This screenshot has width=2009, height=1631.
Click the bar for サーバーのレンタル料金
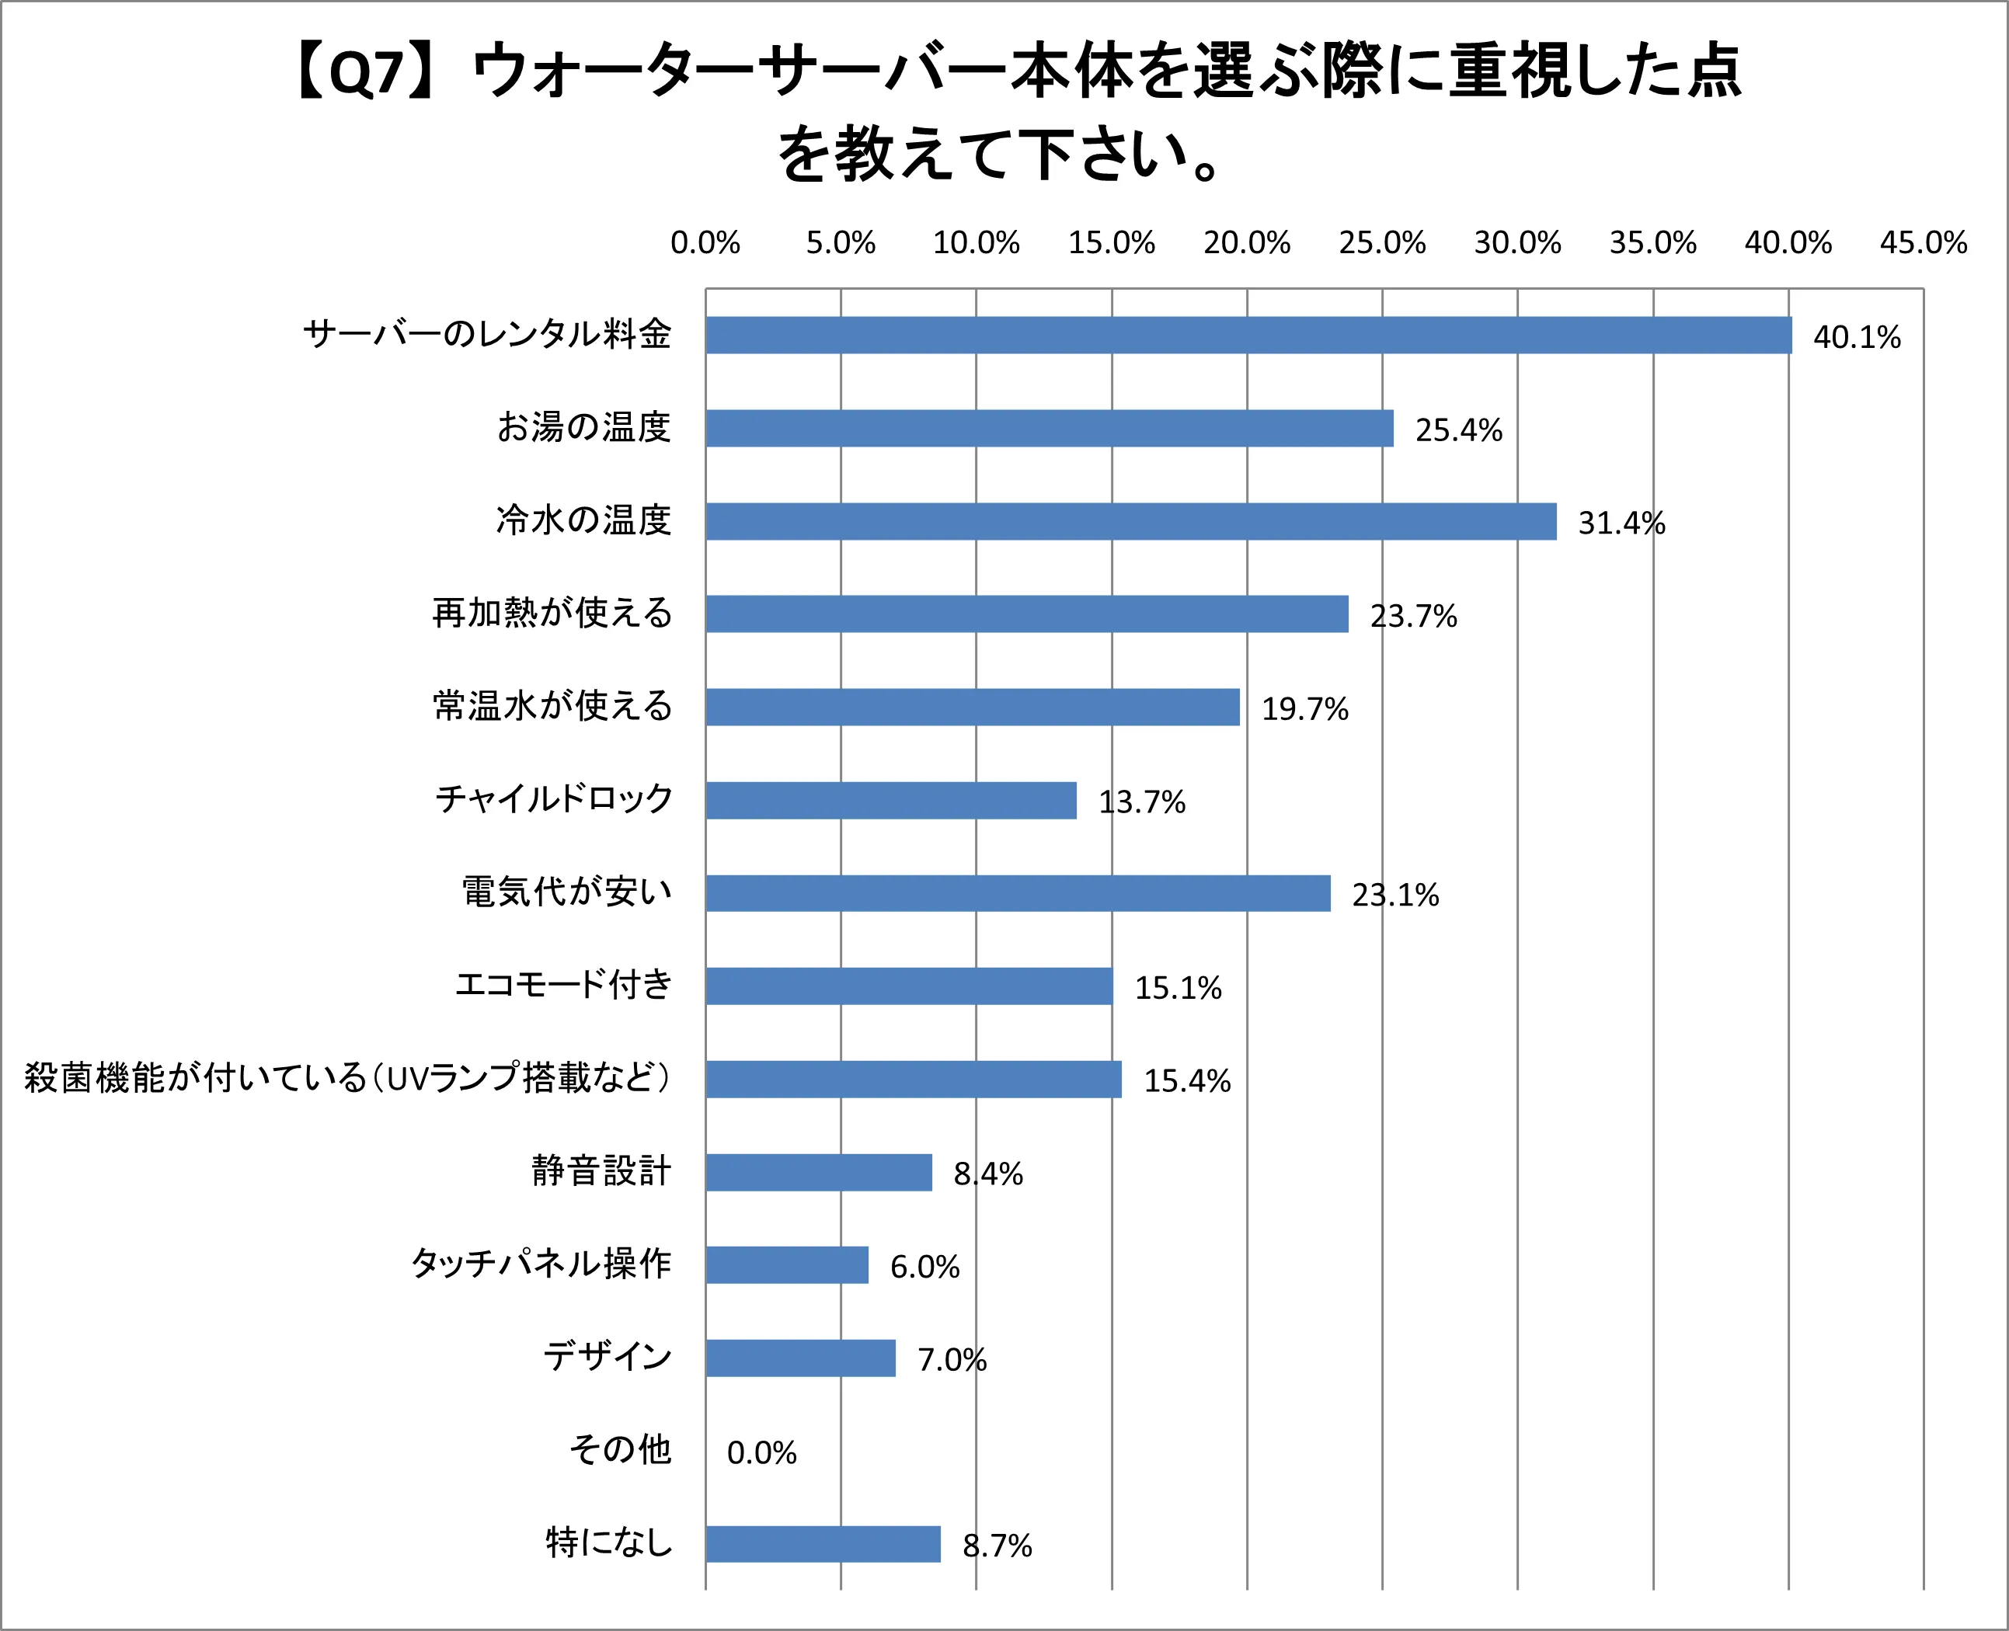[x=1248, y=336]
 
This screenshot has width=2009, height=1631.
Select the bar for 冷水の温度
[x=1130, y=521]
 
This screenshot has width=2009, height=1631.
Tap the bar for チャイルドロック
[x=891, y=801]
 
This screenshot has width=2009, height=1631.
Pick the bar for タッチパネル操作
[x=786, y=1264]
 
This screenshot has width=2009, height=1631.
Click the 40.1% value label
[x=1856, y=337]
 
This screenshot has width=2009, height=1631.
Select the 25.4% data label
[x=1458, y=430]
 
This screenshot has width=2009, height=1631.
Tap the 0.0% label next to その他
[x=761, y=1452]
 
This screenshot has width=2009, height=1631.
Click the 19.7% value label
[x=1304, y=709]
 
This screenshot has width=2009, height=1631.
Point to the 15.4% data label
[x=1187, y=1080]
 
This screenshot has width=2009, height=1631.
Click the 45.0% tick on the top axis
[x=1923, y=243]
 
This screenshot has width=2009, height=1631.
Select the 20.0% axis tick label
[x=1246, y=243]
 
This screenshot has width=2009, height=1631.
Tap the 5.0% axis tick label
[x=840, y=243]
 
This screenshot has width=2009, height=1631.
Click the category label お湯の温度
[x=583, y=427]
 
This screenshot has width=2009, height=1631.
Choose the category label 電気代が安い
[x=566, y=892]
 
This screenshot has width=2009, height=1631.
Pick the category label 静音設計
[x=601, y=1170]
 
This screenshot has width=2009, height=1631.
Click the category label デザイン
[x=608, y=1356]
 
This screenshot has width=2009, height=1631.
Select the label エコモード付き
[x=564, y=985]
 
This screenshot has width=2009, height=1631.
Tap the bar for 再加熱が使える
[x=1026, y=614]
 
